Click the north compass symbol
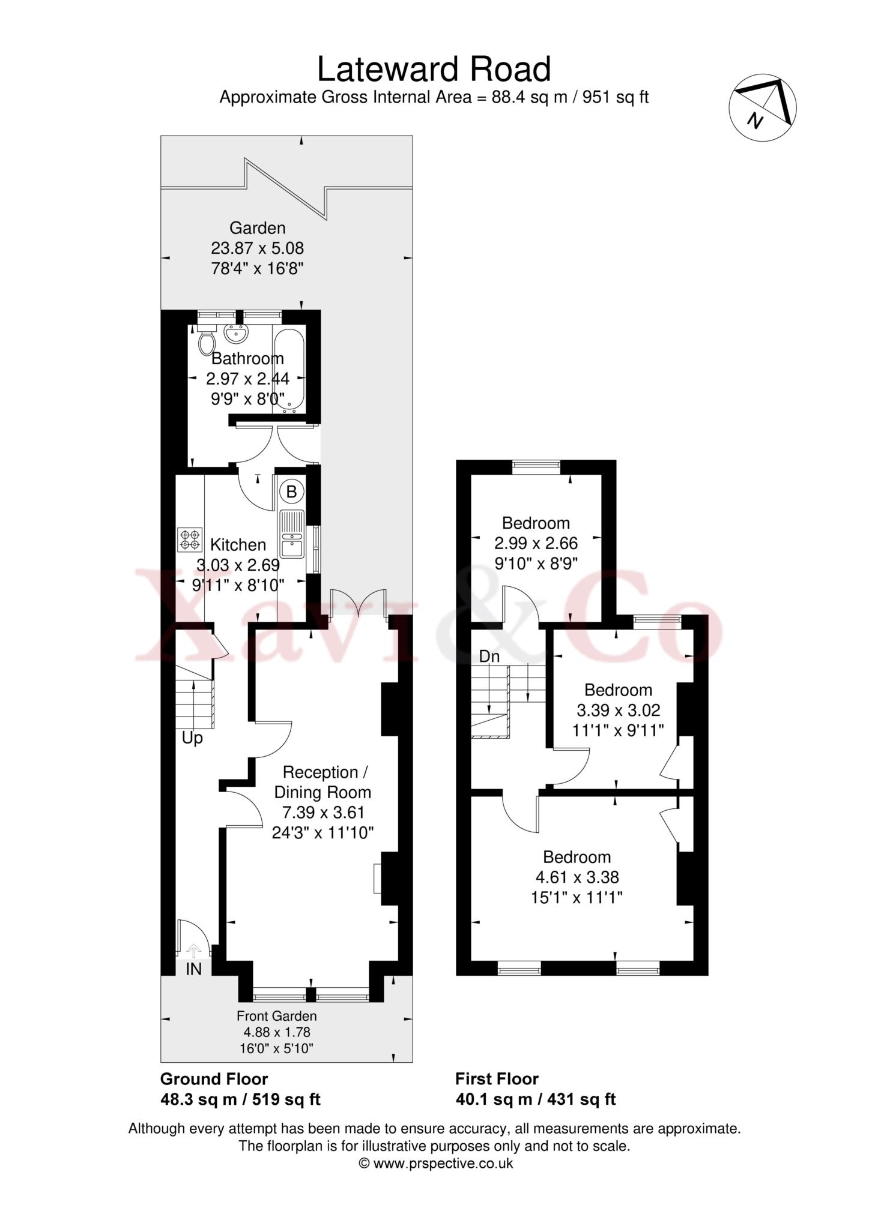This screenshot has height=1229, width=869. (x=763, y=108)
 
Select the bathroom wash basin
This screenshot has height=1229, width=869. (x=236, y=331)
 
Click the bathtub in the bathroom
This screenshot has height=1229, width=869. (x=289, y=371)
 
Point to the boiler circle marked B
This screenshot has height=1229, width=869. (x=292, y=492)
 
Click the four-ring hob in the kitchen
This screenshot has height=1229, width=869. (x=190, y=539)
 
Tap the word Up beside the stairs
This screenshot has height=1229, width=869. (x=192, y=738)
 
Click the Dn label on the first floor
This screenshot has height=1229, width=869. (x=489, y=657)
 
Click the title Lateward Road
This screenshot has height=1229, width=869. (x=434, y=69)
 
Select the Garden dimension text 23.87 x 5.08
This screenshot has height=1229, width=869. (x=258, y=248)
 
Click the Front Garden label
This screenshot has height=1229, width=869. (x=276, y=1016)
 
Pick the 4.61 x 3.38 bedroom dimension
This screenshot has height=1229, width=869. (x=577, y=877)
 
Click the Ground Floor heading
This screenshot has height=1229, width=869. (x=214, y=1079)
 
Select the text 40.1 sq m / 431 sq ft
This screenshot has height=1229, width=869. (x=536, y=1099)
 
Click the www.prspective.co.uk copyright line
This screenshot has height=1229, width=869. (x=436, y=1163)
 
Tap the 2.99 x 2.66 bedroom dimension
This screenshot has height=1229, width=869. (x=536, y=544)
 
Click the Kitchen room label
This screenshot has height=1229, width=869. (x=238, y=545)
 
